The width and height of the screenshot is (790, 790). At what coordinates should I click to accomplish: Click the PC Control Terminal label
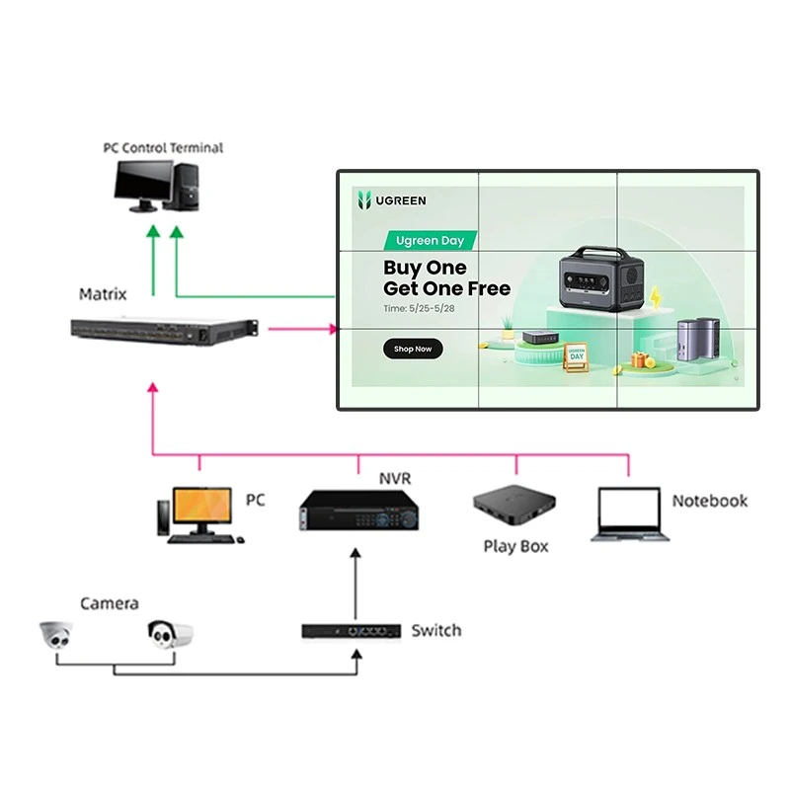tap(163, 148)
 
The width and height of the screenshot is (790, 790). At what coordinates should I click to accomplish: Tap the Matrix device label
tap(103, 294)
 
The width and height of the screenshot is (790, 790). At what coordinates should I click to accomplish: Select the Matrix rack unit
tap(164, 331)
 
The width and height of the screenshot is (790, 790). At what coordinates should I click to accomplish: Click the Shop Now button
tap(413, 349)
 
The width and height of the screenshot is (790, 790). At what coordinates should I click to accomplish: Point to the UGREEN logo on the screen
tap(391, 200)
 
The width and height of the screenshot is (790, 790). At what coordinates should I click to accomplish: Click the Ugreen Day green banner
tap(430, 240)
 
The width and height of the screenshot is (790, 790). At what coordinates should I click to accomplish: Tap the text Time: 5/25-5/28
tap(419, 308)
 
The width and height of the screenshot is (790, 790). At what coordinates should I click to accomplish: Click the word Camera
tap(110, 603)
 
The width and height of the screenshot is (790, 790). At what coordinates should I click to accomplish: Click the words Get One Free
tap(446, 288)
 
